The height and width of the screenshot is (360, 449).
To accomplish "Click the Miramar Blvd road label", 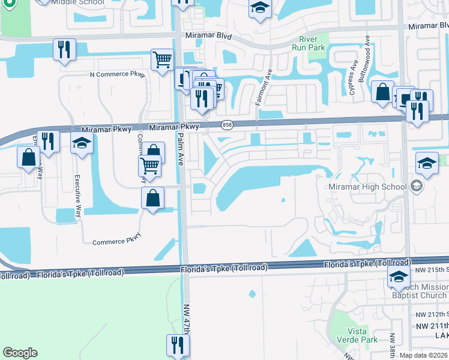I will click(208, 36).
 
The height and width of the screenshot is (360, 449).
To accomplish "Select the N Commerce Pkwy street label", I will click(118, 74).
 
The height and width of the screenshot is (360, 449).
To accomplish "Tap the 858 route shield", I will click(226, 125).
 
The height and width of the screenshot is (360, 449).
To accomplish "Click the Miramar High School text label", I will click(367, 187).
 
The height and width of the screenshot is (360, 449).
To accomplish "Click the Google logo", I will click(20, 353).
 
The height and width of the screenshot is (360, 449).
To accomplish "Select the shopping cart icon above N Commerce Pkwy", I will click(162, 59).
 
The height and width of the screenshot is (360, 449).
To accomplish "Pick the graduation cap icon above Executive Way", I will click(82, 144).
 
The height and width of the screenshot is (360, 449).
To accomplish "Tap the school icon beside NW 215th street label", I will click(398, 277).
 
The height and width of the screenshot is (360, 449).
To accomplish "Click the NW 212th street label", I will click(431, 314).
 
